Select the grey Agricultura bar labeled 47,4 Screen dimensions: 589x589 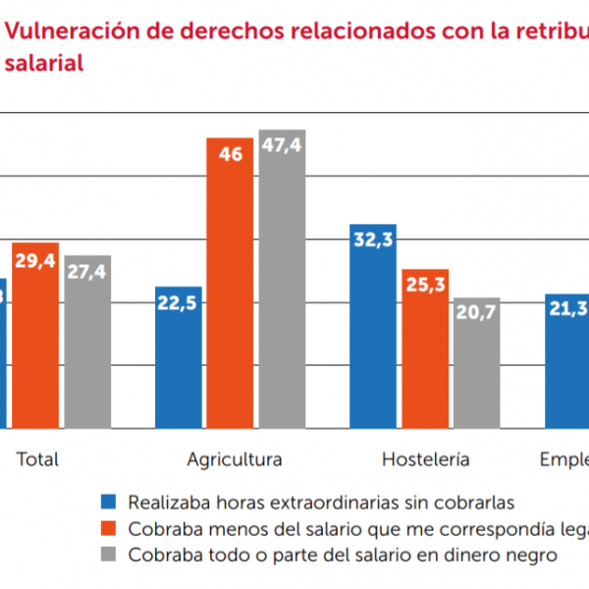click(283, 279)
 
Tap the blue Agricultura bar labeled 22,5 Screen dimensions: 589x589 click(178, 357)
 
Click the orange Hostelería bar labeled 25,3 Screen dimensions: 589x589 click(425, 348)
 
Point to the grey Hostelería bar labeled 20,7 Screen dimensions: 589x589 click(477, 363)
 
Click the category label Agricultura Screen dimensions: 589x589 click(235, 458)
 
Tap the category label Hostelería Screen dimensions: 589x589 click(425, 458)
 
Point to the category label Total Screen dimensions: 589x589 click(38, 458)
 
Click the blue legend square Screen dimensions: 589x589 click(110, 504)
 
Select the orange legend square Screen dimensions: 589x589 click(110, 529)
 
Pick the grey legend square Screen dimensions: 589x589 click(110, 555)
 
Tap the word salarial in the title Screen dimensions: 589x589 click(43, 62)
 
